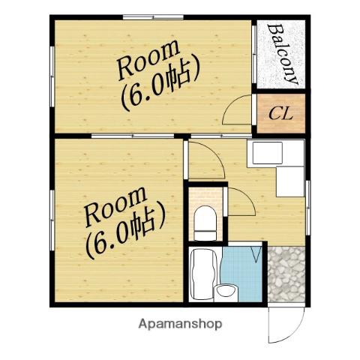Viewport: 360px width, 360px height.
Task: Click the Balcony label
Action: pyautogui.click(x=283, y=54)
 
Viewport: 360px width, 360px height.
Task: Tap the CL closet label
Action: pyautogui.click(x=280, y=114)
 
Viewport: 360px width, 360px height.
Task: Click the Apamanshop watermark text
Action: pyautogui.click(x=180, y=324)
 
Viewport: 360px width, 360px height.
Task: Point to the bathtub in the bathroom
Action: pyautogui.click(x=204, y=274)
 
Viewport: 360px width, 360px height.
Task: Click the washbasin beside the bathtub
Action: pyautogui.click(x=226, y=292)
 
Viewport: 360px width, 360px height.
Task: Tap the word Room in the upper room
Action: pyautogui.click(x=148, y=60)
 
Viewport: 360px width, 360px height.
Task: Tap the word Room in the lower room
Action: pyautogui.click(x=115, y=206)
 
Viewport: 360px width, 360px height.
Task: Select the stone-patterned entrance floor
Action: pyautogui.click(x=286, y=274)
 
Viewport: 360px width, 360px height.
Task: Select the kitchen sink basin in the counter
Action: pyautogui.click(x=268, y=153)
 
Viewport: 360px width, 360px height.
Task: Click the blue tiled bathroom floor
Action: pyautogui.click(x=241, y=271)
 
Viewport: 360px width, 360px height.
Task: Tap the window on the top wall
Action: pyautogui.click(x=153, y=17)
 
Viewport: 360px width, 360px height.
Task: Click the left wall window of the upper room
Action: pyautogui.click(x=52, y=76)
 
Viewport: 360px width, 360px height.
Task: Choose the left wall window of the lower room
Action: pyautogui.click(x=52, y=220)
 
